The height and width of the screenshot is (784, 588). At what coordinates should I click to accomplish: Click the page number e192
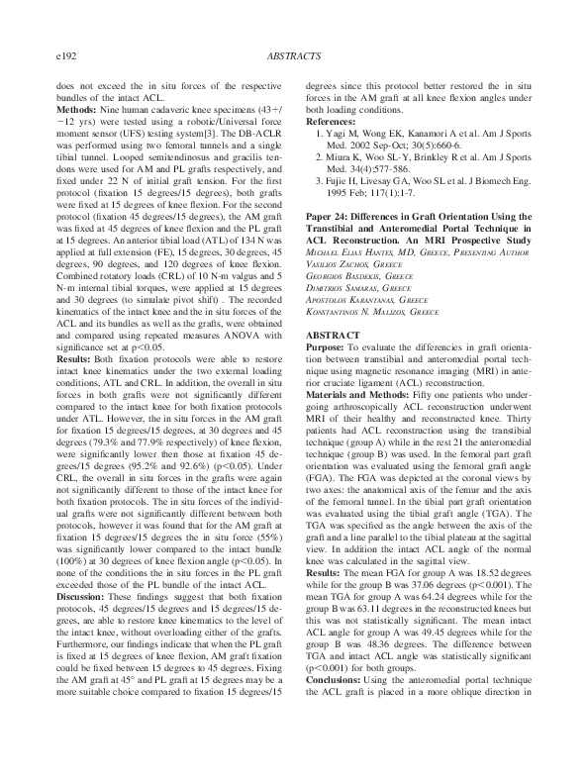[69, 59]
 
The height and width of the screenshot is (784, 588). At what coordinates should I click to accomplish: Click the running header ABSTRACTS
[294, 59]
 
